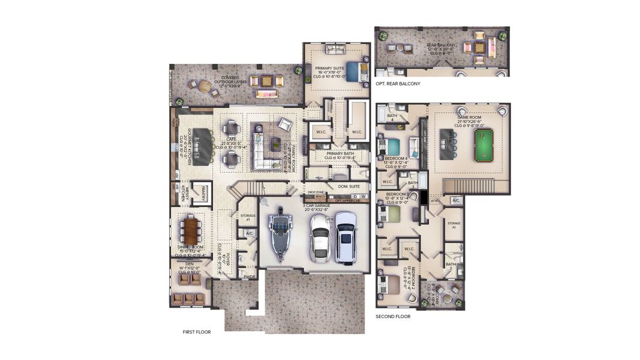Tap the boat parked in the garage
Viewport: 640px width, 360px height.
click(279, 235)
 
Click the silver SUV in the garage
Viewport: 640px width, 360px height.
click(346, 237)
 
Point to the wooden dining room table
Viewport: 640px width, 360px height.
click(191, 229)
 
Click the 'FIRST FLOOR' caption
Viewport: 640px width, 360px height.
click(197, 332)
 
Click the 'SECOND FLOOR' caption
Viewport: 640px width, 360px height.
click(393, 316)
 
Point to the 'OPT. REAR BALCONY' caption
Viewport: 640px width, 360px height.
click(398, 83)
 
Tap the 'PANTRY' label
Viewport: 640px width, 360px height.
click(203, 193)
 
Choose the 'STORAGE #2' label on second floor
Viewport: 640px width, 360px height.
click(453, 225)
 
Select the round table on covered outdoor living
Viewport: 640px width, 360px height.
click(205, 86)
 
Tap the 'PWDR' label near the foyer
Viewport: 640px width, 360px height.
click(249, 277)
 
